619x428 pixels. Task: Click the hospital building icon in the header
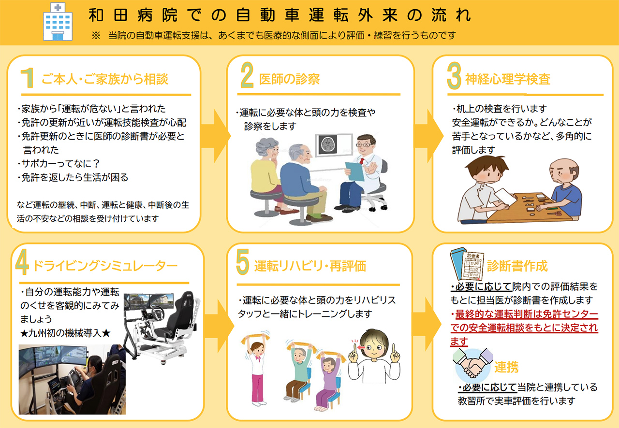point(58,22)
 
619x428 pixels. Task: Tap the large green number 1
point(28,78)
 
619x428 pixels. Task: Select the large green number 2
point(247,75)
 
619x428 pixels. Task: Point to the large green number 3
point(454,76)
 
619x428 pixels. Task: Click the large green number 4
point(22,262)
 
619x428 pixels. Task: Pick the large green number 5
point(243,262)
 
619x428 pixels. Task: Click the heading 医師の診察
point(289,79)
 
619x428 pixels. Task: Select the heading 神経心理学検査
point(508,79)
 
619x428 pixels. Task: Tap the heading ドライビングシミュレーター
point(105,266)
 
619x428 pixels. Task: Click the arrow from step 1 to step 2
point(216,136)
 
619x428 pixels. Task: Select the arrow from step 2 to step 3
point(428,136)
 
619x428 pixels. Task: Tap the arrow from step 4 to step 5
point(219,326)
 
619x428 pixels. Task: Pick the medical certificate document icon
point(467,264)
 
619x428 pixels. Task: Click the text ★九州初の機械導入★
point(65,333)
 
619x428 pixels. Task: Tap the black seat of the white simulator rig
point(181,317)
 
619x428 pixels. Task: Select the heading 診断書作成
point(517,266)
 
